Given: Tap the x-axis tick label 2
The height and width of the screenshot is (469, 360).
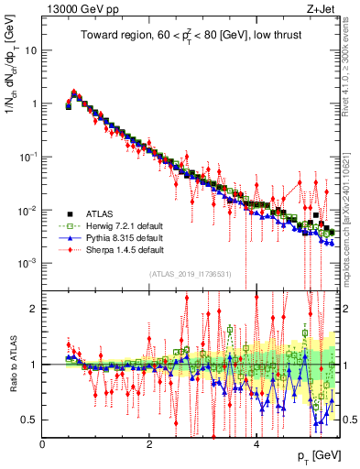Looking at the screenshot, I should [x=149, y=442].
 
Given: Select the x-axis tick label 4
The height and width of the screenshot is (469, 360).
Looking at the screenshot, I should [x=256, y=442].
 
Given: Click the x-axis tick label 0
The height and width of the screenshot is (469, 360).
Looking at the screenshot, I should [x=43, y=442].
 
